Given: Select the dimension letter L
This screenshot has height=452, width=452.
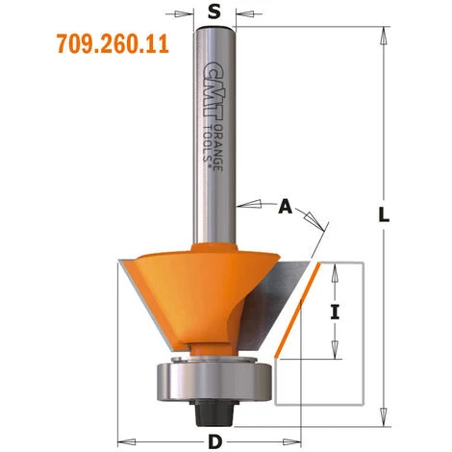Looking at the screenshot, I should pos(384,217).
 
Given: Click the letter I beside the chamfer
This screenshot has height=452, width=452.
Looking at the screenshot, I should pos(335,310).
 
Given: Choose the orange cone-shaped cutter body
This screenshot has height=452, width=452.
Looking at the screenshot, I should pos(192,289).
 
